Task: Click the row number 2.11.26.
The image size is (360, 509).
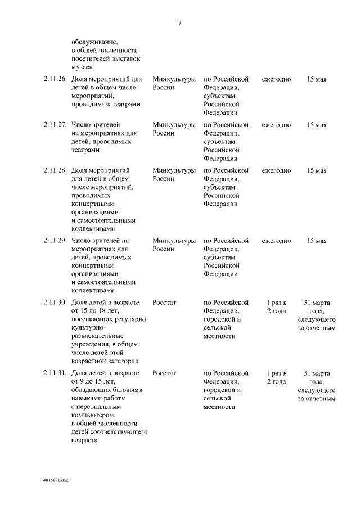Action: coord(55,79)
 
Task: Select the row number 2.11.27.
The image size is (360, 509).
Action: coord(55,125)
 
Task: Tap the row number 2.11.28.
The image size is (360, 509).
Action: coord(55,170)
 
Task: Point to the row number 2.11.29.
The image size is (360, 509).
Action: coord(55,241)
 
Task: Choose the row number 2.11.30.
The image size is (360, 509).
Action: coord(55,302)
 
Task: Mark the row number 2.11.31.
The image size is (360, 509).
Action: coord(55,373)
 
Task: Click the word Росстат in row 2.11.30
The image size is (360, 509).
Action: coord(164,302)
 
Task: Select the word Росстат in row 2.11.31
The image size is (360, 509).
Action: coord(164,373)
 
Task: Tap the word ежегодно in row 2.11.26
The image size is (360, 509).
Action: coord(276,79)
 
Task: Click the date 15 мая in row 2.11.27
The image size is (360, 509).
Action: coord(317,125)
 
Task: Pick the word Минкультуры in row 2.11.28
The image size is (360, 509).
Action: coord(174,170)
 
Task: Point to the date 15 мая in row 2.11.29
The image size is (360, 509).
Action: coord(317,241)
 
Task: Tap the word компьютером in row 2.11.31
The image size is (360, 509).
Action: coord(94,415)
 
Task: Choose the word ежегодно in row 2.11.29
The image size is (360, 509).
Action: coord(276,241)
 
